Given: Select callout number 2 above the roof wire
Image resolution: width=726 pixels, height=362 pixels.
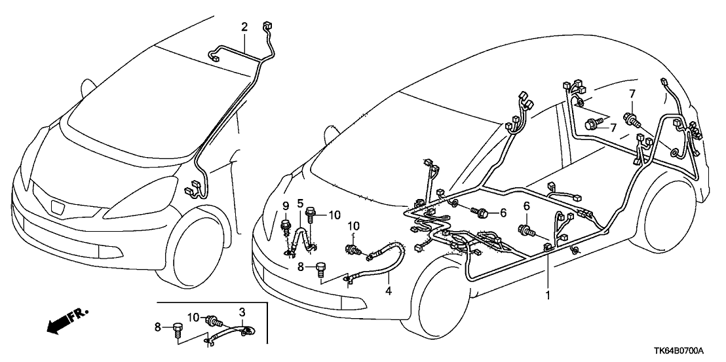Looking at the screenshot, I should [x=244, y=27].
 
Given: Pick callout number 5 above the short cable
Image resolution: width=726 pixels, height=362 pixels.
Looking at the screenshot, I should [x=300, y=203].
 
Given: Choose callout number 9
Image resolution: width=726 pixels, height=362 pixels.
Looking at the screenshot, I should [x=286, y=206].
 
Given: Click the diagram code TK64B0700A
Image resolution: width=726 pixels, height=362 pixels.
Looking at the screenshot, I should [x=688, y=352].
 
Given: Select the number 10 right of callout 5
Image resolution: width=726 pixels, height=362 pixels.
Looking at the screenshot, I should [x=334, y=215].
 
